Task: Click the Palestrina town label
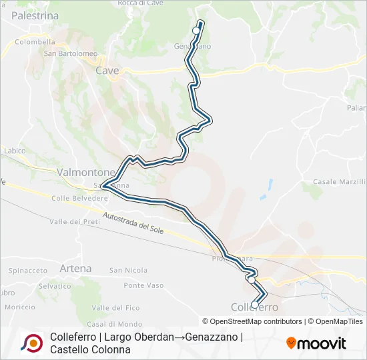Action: (35, 15)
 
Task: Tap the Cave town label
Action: (107, 70)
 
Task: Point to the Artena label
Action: (75, 268)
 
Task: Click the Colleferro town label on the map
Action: (254, 307)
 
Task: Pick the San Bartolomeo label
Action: (71, 53)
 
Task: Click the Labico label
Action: (14, 151)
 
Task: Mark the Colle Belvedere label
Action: (79, 198)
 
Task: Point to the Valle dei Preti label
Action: (74, 221)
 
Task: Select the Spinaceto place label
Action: (27, 271)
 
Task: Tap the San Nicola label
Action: (128, 270)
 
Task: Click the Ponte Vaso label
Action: (143, 285)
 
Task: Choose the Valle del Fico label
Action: (116, 307)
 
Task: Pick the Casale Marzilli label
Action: (339, 181)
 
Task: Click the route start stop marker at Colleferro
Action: (254, 305)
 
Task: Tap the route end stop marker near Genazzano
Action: (196, 31)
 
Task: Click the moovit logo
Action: (316, 343)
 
